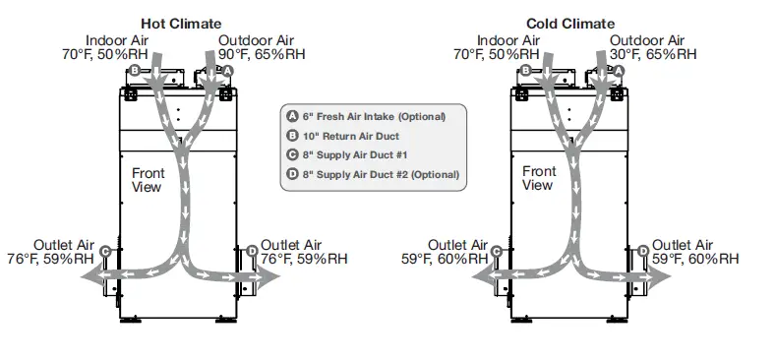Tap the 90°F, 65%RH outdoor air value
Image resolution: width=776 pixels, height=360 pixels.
coord(258,55)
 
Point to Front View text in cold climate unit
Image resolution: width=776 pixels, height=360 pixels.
coord(538,178)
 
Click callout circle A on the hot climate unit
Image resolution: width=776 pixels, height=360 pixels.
coord(227,72)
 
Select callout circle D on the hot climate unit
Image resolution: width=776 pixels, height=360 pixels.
coord(253,252)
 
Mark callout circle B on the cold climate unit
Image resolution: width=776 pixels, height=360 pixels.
coord(525,71)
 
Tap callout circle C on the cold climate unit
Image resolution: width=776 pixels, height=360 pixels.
coord(497,252)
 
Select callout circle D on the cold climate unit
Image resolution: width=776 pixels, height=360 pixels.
coord(643,252)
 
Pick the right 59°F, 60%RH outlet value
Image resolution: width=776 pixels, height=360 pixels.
coord(694,260)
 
